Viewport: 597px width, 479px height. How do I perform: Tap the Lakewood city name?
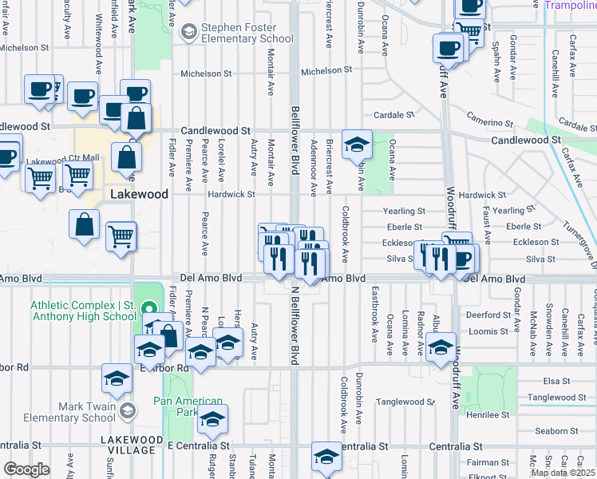tap(140, 194)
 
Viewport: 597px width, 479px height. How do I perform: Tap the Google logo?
tap(26, 469)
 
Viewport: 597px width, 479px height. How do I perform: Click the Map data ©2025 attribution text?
tap(563, 473)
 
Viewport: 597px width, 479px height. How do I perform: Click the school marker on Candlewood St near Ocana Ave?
tap(357, 144)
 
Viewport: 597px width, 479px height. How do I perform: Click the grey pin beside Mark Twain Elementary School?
tap(128, 411)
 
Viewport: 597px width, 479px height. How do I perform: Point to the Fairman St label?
tap(489, 462)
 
